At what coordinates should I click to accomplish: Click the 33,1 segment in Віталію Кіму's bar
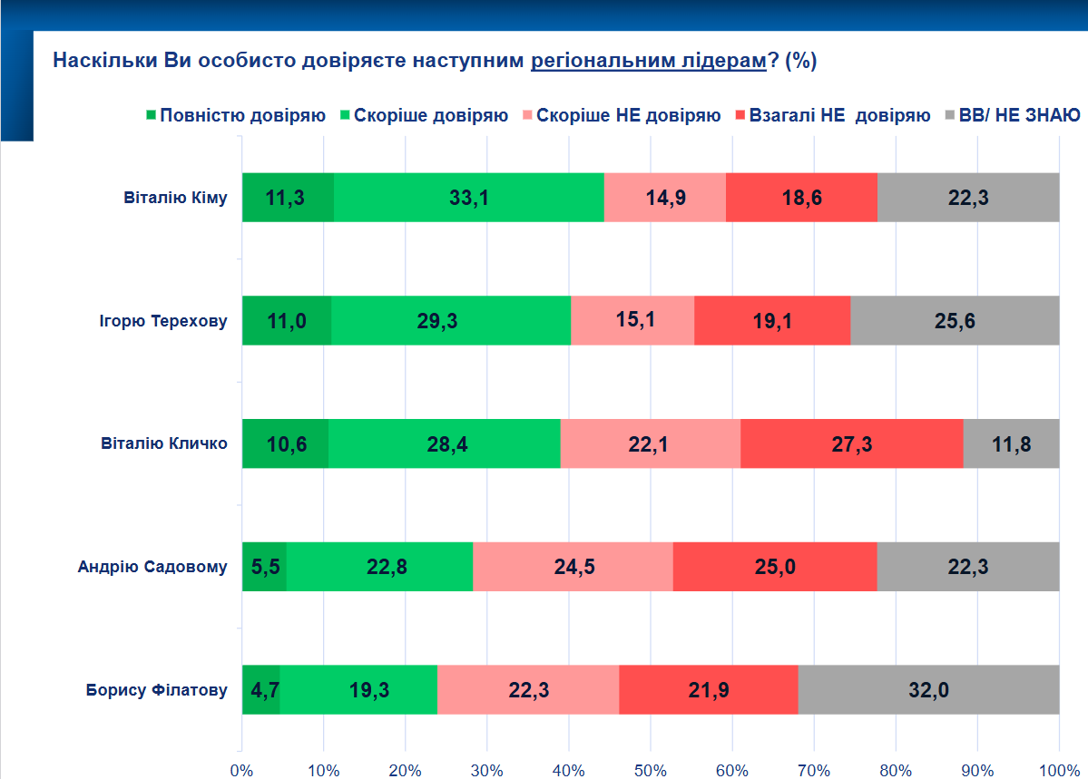pos(468,197)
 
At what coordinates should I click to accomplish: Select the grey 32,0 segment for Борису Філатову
pos(928,690)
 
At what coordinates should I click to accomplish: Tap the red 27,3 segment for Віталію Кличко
pos(851,443)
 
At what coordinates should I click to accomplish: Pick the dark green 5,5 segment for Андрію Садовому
pos(264,567)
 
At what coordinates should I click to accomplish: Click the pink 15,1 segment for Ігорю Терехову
pos(632,320)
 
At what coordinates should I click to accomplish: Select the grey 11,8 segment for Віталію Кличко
pos(1011,443)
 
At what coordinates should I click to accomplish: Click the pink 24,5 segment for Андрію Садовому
pos(573,567)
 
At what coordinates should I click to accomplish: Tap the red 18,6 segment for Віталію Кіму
pos(801,197)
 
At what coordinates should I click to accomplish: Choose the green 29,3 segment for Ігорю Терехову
pos(451,320)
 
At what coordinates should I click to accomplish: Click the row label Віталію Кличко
pos(163,443)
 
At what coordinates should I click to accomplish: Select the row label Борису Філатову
pos(156,690)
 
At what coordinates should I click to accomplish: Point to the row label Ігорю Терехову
pos(162,320)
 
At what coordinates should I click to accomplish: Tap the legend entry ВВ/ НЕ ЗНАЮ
pos(1018,115)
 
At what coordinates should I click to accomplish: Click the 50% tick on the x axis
pos(651,770)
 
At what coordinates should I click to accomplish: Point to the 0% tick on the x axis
pos(242,770)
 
